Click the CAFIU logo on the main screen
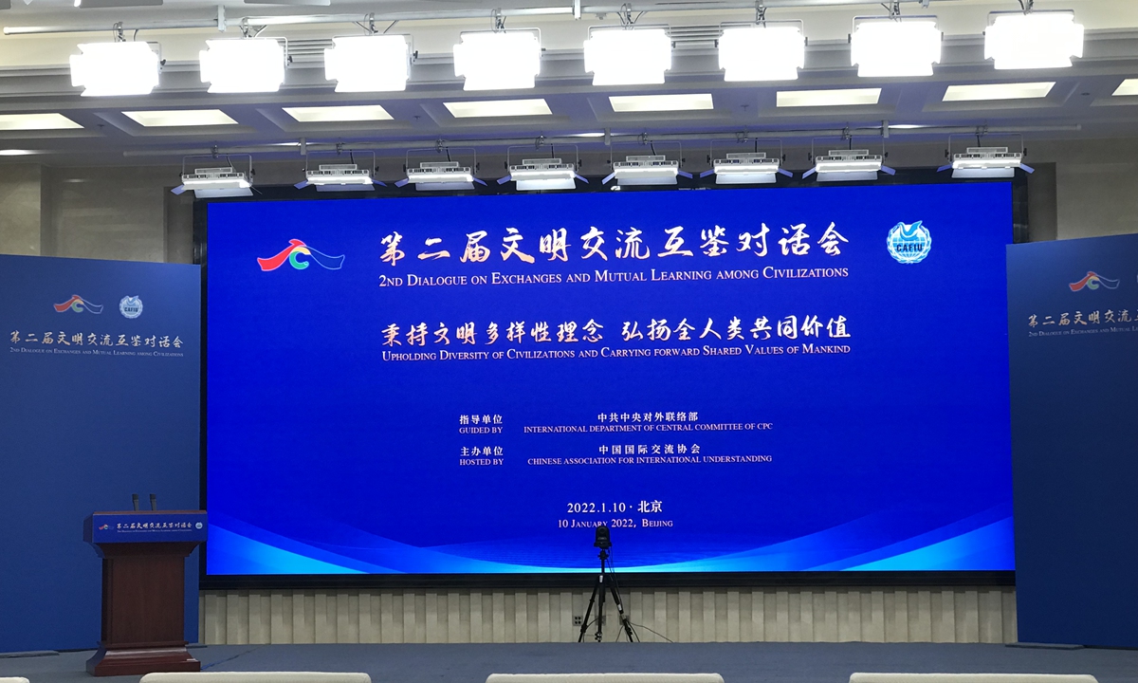pyautogui.click(x=909, y=242)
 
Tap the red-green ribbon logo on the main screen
pyautogui.click(x=301, y=254)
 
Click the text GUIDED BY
pyautogui.click(x=481, y=429)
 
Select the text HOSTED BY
pyautogui.click(x=481, y=461)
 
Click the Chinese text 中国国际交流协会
pyautogui.click(x=649, y=449)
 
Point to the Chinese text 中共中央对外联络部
pyautogui.click(x=648, y=416)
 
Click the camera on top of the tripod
pyautogui.click(x=602, y=538)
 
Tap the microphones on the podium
pyautogui.click(x=143, y=502)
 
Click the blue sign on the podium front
pyautogui.click(x=147, y=526)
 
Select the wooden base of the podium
pyautogui.click(x=144, y=658)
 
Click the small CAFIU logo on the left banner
pyautogui.click(x=131, y=306)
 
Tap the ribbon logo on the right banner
pyautogui.click(x=1093, y=281)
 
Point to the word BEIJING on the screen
pyautogui.click(x=656, y=524)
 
